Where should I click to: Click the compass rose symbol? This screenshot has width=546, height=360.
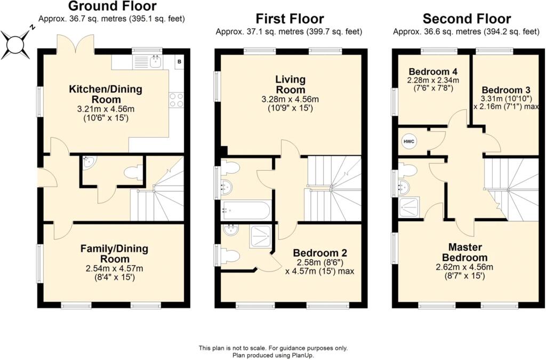(x=15, y=44)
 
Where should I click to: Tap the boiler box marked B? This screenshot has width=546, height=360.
(x=179, y=62)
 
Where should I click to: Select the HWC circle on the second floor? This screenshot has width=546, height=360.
(x=409, y=141)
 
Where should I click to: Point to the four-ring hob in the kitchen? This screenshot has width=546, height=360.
(x=176, y=100)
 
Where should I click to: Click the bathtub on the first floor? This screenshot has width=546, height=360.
(x=245, y=210)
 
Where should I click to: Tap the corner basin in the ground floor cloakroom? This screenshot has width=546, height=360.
(x=89, y=161)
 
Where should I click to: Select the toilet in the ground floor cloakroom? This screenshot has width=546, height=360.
(x=133, y=173)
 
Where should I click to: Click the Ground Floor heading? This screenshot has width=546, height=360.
(x=113, y=6)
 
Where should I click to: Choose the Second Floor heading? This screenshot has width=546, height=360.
(x=467, y=18)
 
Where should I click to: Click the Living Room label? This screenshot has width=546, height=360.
(x=290, y=84)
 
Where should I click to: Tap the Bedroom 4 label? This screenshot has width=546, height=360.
(x=433, y=71)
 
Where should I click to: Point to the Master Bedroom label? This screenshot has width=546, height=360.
(x=465, y=252)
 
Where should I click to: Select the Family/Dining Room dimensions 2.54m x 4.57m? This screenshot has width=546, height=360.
(x=114, y=269)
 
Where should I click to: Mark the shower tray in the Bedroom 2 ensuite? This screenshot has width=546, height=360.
(x=260, y=237)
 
